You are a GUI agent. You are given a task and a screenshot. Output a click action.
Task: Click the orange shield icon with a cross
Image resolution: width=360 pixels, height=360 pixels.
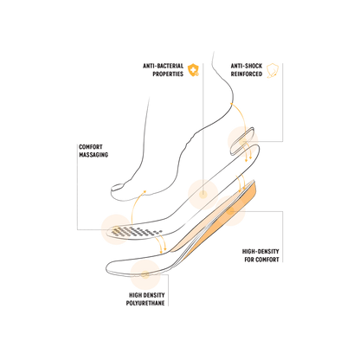click(x=193, y=70)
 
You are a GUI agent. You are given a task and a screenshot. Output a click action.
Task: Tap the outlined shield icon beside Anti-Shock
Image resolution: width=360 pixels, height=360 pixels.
click(x=273, y=71)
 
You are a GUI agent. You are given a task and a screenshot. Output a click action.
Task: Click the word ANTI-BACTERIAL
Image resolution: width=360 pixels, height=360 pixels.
click(x=163, y=66)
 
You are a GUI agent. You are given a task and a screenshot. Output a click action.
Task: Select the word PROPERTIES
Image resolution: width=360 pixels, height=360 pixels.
click(x=168, y=74)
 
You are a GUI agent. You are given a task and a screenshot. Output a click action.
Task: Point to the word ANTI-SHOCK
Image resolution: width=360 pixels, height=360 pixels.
click(x=247, y=66)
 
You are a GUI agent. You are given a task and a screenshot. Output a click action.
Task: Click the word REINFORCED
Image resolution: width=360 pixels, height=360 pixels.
click(x=247, y=74)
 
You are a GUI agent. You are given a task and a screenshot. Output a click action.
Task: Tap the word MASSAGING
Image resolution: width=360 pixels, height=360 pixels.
click(x=93, y=155)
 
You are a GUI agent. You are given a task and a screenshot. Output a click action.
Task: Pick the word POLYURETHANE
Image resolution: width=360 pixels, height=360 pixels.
click(x=145, y=303)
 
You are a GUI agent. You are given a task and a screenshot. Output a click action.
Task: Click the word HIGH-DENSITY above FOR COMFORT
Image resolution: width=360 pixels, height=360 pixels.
click(x=260, y=252)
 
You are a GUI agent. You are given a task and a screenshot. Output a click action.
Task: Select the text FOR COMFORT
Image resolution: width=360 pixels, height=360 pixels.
click(x=261, y=260)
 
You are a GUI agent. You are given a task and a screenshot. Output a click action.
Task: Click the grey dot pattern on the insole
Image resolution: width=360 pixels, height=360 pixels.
click(x=137, y=232)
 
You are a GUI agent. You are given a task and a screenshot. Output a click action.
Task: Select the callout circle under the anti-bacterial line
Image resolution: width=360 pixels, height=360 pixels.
click(x=203, y=194)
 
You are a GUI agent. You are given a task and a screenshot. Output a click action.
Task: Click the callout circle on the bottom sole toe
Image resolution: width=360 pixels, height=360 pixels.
click(x=145, y=274)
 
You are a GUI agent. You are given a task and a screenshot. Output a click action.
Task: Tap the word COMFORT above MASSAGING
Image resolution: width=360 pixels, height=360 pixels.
click(x=91, y=147)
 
